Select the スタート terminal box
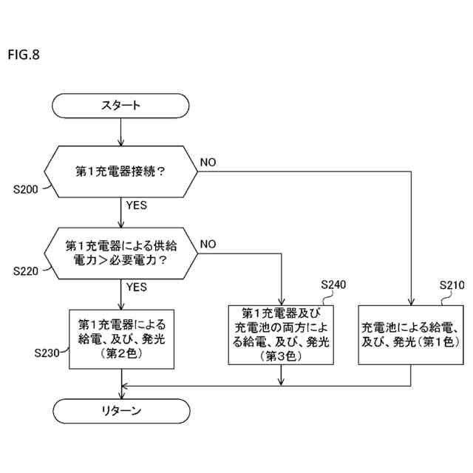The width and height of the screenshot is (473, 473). click(x=120, y=106)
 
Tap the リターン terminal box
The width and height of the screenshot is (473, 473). click(x=120, y=412)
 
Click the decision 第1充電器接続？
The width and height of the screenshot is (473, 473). click(x=120, y=171)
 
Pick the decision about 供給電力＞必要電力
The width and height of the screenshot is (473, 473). click(x=120, y=253)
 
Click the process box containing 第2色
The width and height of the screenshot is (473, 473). click(x=120, y=338)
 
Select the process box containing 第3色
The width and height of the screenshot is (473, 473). click(x=282, y=334)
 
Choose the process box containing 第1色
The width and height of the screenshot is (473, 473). click(x=410, y=334)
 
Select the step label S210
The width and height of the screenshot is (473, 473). click(x=452, y=285)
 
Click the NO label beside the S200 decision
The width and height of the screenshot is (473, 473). click(x=208, y=162)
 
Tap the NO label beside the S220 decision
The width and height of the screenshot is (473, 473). click(x=208, y=244)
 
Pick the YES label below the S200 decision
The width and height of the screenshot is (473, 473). click(x=137, y=205)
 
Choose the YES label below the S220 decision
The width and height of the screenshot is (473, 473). click(x=137, y=286)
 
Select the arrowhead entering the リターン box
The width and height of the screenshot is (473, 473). click(x=120, y=395)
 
